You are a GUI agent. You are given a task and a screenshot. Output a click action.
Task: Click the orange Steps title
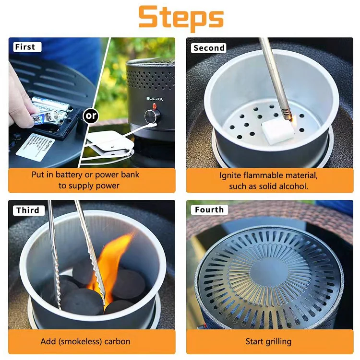[x=181, y=18]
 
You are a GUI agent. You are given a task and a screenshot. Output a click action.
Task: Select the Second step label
[x=209, y=48]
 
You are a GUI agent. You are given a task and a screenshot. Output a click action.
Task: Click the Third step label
[x=27, y=210]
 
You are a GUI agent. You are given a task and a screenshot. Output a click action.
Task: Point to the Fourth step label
[x=209, y=210]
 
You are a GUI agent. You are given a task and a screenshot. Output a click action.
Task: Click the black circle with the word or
[x=91, y=116]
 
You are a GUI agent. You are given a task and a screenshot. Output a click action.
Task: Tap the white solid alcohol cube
[x=277, y=130]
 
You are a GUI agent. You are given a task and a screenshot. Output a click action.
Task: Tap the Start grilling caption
[x=268, y=341]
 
